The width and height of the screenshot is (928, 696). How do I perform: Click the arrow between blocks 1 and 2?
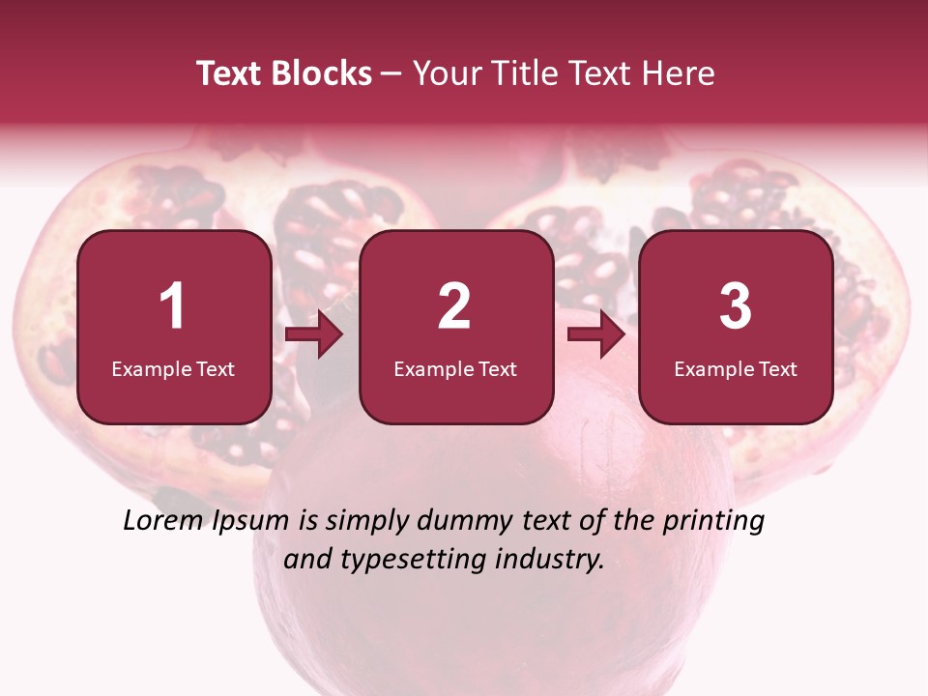[x=315, y=335]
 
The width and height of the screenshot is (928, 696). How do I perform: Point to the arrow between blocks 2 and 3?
[x=596, y=335]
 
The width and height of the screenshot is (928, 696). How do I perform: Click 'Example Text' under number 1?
[x=173, y=369]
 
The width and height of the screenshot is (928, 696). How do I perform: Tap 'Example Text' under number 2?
[x=455, y=369]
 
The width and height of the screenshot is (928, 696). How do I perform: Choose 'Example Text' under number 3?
[x=736, y=369]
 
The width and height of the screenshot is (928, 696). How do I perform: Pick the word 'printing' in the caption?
[x=713, y=522]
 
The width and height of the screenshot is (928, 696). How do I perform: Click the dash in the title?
[x=391, y=74]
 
